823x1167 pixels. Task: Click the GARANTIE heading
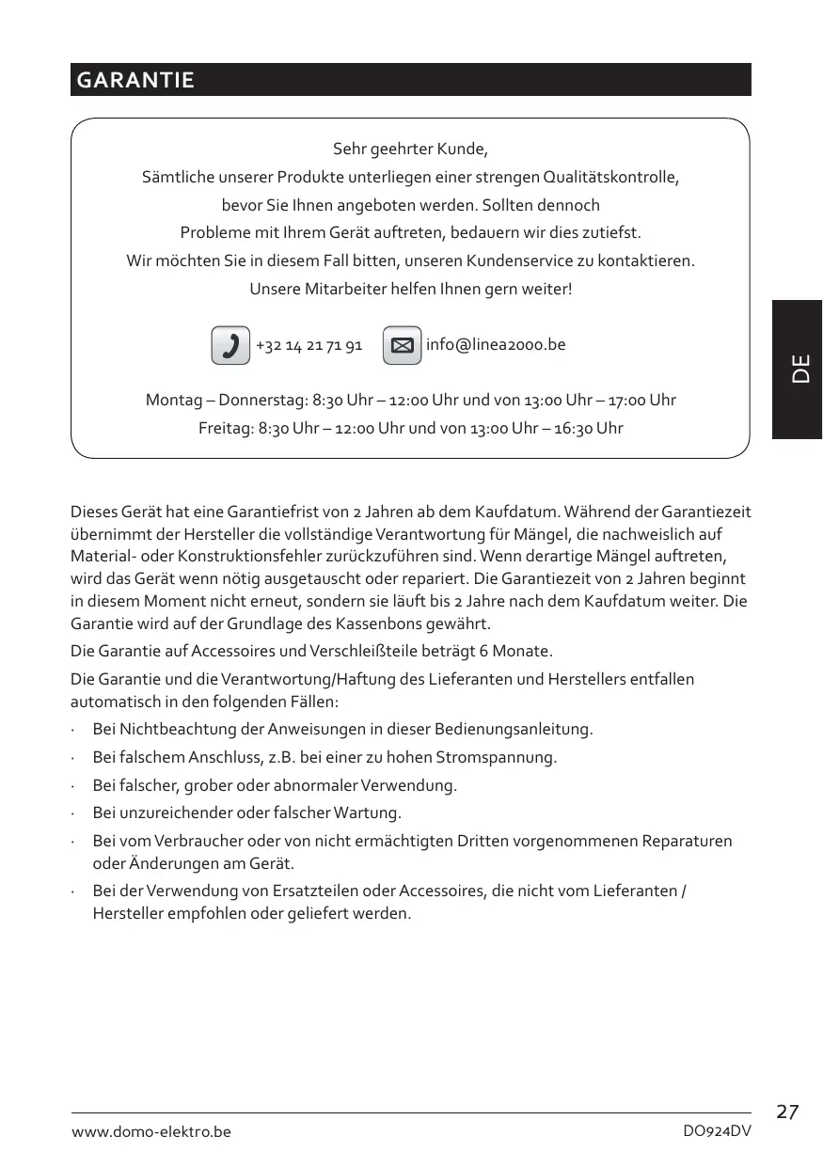135,80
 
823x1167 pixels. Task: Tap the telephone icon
230,345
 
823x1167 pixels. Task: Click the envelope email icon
402,345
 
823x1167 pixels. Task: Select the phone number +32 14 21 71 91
309,345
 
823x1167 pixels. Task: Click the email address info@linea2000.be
496,344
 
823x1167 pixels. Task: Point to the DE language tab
799,369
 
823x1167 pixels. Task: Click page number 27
787,1112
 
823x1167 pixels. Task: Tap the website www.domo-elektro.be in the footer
151,1132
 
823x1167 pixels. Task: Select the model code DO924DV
717,1132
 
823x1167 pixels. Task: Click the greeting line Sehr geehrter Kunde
410,150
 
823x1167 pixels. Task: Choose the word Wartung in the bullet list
373,812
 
